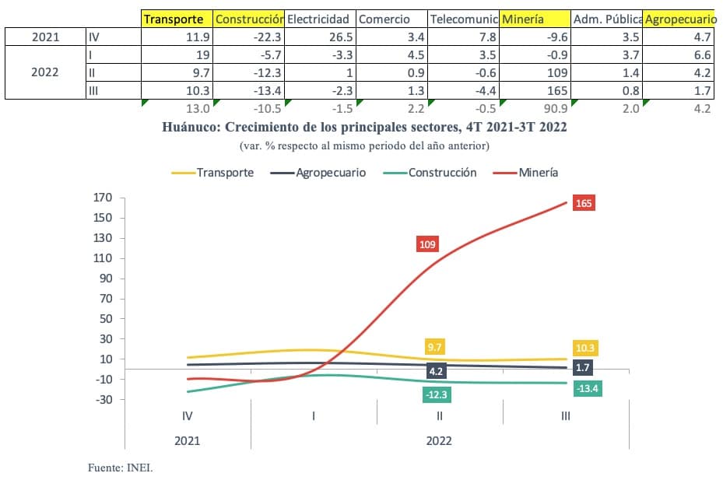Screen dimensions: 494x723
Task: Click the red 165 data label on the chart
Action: coord(584,204)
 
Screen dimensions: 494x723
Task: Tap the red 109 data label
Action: coord(427,244)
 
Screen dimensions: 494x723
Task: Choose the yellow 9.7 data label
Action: coord(434,347)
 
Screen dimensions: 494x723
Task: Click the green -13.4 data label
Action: coord(586,388)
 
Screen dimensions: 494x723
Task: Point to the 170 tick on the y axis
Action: coord(102,198)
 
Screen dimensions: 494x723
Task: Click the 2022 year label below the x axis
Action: coord(439,440)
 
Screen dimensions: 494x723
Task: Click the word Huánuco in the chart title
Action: coord(190,128)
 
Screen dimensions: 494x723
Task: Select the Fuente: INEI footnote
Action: coord(121,468)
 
